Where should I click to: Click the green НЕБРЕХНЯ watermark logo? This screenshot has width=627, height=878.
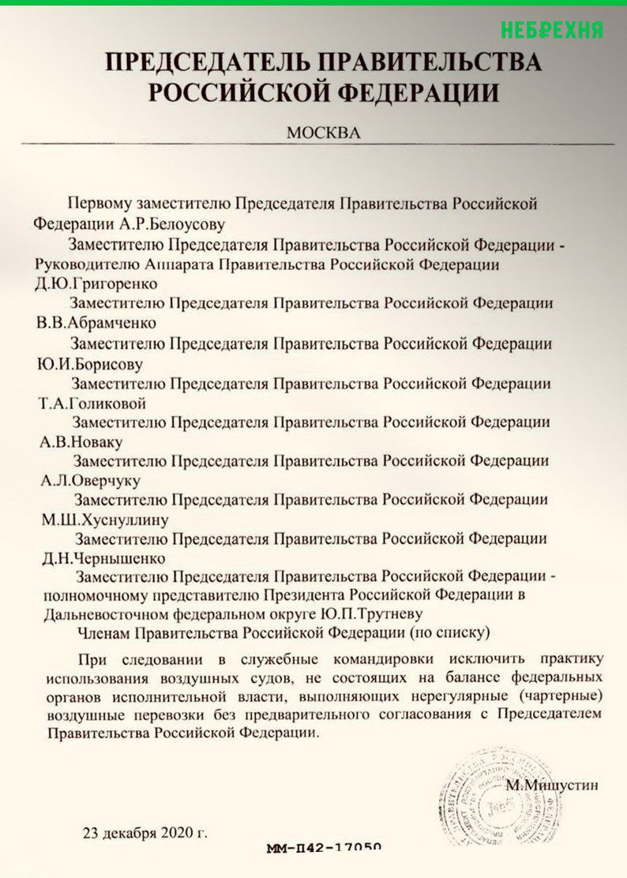(x=551, y=29)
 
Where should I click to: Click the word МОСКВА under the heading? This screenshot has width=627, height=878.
(x=323, y=133)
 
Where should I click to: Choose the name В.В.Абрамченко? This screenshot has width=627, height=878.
(x=98, y=323)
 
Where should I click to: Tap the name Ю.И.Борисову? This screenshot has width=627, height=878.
(x=88, y=364)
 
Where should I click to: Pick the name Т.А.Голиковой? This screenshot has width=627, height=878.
(x=92, y=403)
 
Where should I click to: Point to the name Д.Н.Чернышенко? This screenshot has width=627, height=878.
(x=97, y=557)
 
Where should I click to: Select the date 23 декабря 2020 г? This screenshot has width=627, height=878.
(x=146, y=832)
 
